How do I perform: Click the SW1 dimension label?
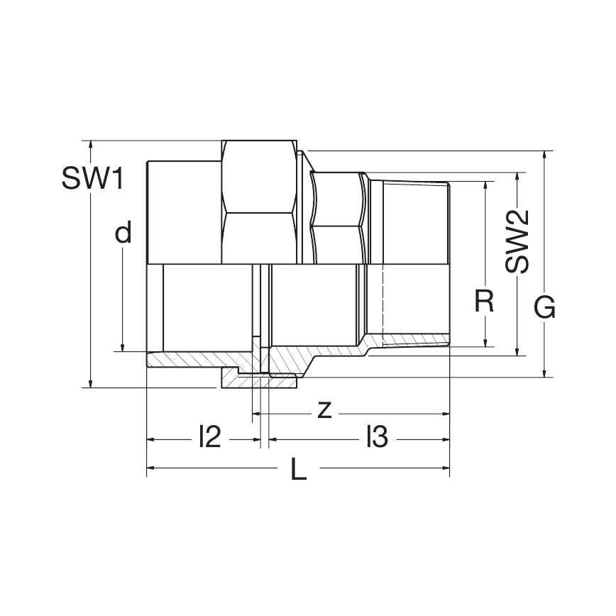pos(92,178)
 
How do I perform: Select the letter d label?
pos(123,233)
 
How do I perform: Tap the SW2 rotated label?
pos(518,242)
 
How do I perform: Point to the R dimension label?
pos(484,302)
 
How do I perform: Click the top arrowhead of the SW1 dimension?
pos(90,144)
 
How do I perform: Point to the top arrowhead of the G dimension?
pos(544,155)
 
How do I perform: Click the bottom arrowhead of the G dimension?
pos(544,373)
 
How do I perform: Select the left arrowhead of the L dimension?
pos(151,468)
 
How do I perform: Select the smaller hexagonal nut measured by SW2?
pos(339,216)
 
